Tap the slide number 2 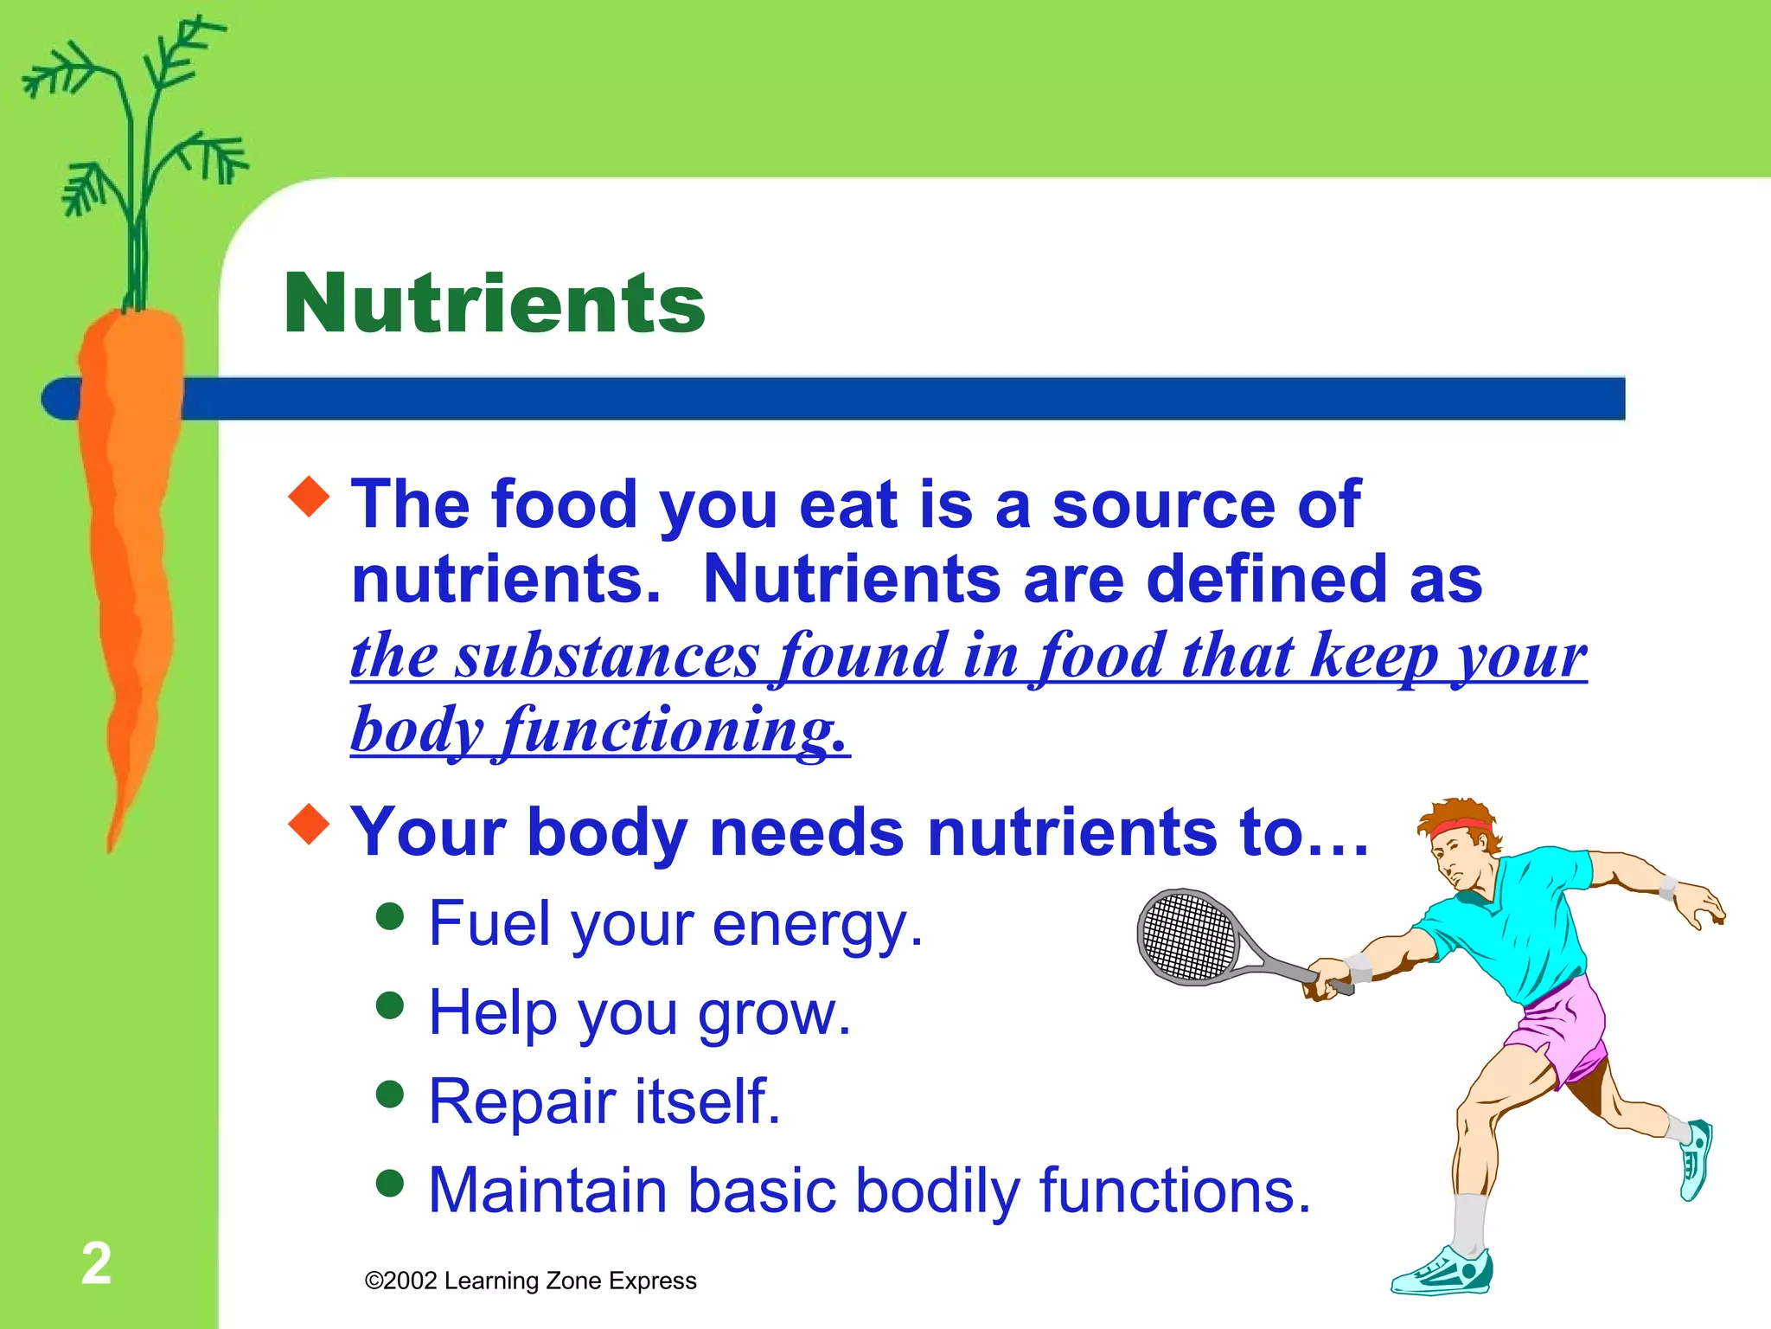pyautogui.click(x=96, y=1263)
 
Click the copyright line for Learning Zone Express pyautogui.click(x=530, y=1281)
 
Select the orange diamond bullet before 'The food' pyautogui.click(x=309, y=496)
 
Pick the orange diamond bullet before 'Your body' pyautogui.click(x=309, y=824)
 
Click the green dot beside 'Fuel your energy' pyautogui.click(x=391, y=916)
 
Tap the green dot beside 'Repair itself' pyautogui.click(x=391, y=1094)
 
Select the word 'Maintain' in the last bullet pyautogui.click(x=547, y=1191)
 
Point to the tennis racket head pyautogui.click(x=1189, y=936)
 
